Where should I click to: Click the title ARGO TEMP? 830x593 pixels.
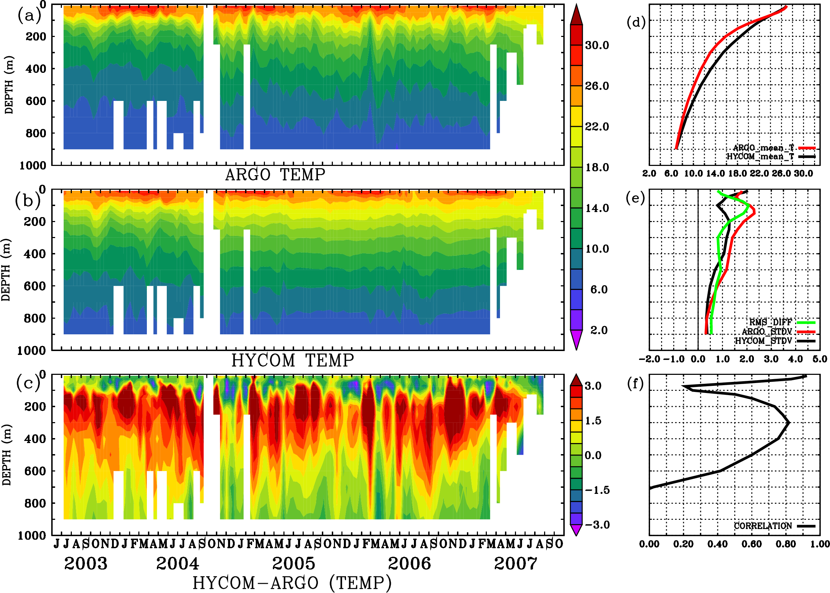click(275, 175)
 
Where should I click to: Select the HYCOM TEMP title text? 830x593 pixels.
click(293, 361)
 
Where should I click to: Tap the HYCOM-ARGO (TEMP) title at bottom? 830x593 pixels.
click(292, 583)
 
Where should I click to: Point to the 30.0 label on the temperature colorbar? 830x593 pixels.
click(597, 45)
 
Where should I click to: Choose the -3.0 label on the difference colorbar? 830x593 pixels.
click(597, 525)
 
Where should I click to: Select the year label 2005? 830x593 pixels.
click(293, 564)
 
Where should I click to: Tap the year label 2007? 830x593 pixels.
click(516, 564)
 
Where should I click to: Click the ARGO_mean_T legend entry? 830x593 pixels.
click(764, 148)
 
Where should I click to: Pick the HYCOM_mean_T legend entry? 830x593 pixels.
click(760, 157)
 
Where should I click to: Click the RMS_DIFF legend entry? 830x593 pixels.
click(770, 322)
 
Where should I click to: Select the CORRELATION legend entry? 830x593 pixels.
click(763, 526)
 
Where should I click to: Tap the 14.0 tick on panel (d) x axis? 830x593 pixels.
click(715, 173)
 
